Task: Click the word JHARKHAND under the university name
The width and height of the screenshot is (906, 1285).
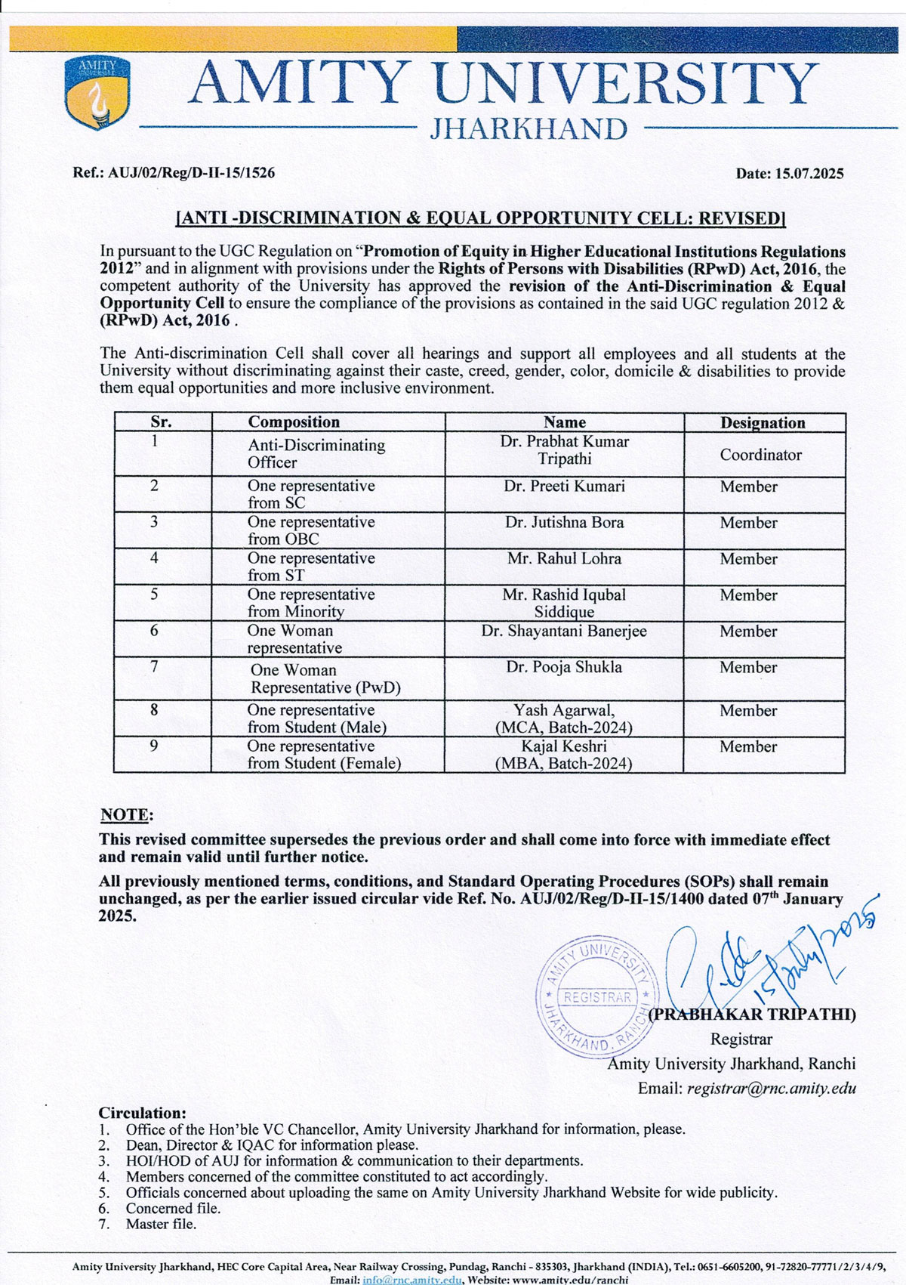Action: (x=528, y=129)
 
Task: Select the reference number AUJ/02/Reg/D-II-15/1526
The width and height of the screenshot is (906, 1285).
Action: (x=192, y=173)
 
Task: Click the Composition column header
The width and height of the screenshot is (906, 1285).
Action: (x=294, y=422)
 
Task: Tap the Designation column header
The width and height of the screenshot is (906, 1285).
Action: (x=763, y=422)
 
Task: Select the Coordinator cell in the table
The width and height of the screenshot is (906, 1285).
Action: (x=760, y=455)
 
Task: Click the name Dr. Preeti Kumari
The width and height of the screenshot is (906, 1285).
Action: (x=564, y=487)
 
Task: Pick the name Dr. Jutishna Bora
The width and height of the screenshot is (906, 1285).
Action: (x=564, y=523)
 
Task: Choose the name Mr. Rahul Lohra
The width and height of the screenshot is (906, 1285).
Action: (x=564, y=559)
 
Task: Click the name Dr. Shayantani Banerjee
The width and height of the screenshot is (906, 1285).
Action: (x=564, y=632)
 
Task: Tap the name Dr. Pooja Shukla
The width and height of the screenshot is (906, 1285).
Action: (x=564, y=668)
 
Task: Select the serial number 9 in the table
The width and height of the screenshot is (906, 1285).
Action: (x=154, y=746)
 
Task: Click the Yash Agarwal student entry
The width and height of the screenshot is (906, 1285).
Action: (x=564, y=718)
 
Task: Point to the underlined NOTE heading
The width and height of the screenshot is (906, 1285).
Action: (x=126, y=815)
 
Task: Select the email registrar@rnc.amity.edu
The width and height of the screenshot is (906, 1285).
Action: (x=771, y=1089)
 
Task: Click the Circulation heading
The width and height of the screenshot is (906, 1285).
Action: (x=142, y=1113)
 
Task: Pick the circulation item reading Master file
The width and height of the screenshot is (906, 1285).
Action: (x=161, y=1224)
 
